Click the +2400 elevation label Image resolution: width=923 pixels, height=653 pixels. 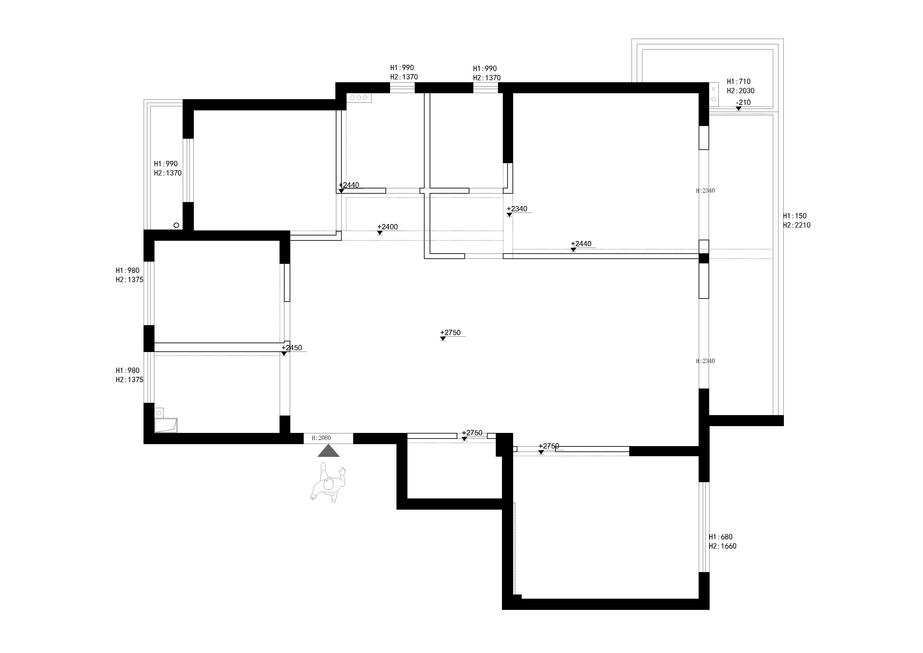pyautogui.click(x=387, y=227)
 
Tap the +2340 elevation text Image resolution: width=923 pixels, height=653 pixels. pyautogui.click(x=517, y=209)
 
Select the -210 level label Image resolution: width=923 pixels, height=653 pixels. pyautogui.click(x=743, y=102)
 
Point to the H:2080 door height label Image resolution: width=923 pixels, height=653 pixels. pyautogui.click(x=321, y=438)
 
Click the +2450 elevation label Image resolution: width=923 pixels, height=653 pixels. pyautogui.click(x=292, y=348)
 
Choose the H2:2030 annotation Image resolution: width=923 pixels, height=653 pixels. pyautogui.click(x=741, y=91)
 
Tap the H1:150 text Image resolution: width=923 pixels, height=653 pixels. pyautogui.click(x=795, y=216)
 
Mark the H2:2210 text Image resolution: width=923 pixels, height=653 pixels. pyautogui.click(x=797, y=225)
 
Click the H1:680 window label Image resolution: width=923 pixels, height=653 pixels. pyautogui.click(x=721, y=537)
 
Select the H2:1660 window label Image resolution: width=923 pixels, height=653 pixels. pyautogui.click(x=723, y=546)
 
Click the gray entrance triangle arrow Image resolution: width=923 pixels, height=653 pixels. pyautogui.click(x=329, y=451)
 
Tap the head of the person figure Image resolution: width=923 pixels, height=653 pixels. pyautogui.click(x=329, y=485)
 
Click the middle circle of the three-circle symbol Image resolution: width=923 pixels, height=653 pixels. pyautogui.click(x=359, y=98)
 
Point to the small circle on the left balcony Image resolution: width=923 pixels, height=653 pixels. pyautogui.click(x=176, y=225)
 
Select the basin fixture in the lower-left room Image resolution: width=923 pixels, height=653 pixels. pyautogui.click(x=166, y=425)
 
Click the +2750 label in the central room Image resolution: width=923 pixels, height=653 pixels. pyautogui.click(x=450, y=332)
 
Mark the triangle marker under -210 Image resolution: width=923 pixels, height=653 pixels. pyautogui.click(x=738, y=109)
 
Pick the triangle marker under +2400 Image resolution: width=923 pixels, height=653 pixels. pyautogui.click(x=380, y=233)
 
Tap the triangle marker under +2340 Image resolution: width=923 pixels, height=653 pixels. pyautogui.click(x=509, y=215)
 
